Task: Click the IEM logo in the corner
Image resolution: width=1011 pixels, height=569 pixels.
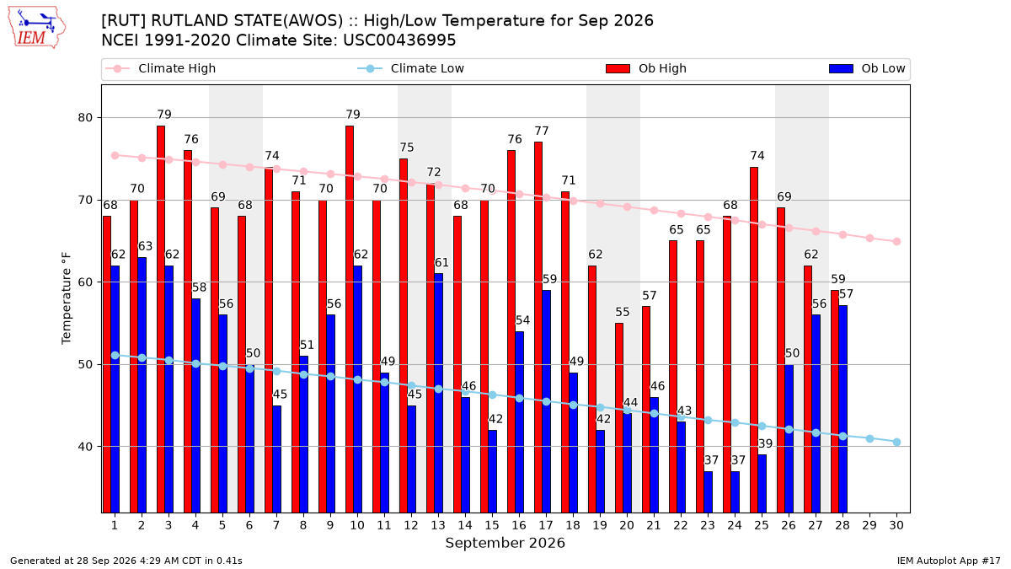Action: (37, 28)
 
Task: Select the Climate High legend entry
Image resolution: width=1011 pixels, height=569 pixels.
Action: (160, 68)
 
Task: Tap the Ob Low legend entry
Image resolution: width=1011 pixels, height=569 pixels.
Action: (867, 68)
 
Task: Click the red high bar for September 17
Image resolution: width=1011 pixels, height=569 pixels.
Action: (538, 327)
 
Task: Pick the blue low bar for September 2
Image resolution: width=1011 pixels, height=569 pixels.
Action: (142, 385)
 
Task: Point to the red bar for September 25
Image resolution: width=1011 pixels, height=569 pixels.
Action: (754, 340)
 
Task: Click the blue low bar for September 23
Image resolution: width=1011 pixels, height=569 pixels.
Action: (709, 492)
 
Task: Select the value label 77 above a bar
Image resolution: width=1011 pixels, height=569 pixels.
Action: (542, 131)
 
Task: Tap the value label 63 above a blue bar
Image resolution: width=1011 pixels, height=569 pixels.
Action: (145, 246)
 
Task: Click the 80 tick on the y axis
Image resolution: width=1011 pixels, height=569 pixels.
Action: (85, 118)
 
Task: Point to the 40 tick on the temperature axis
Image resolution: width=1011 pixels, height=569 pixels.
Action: (85, 447)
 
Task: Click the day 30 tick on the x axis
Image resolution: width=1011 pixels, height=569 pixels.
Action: (896, 525)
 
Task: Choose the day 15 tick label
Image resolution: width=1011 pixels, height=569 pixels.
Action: (492, 525)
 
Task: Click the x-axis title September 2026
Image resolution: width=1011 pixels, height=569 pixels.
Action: (505, 543)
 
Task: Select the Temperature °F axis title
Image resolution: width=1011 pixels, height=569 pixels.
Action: (67, 298)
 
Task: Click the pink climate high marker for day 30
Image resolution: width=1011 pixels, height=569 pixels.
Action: (896, 242)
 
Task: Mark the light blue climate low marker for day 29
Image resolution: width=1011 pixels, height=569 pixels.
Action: (869, 438)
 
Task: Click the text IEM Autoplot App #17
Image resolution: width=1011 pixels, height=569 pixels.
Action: (949, 561)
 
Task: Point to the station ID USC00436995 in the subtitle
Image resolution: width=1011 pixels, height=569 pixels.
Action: (399, 40)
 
